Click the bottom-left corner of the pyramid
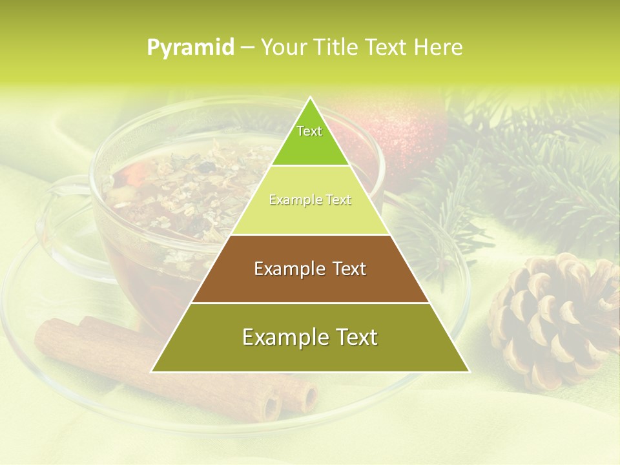(x=152, y=371)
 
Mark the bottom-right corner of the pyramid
(x=469, y=371)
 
